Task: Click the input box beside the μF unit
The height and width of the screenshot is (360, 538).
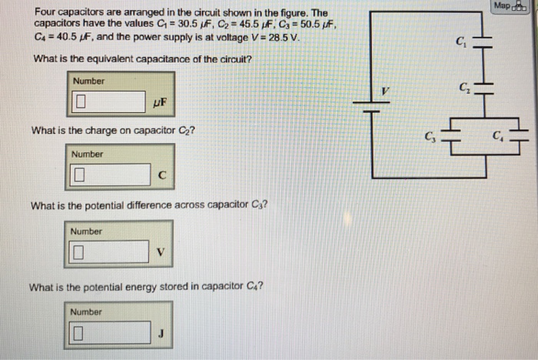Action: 108,102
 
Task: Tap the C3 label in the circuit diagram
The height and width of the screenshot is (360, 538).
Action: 430,138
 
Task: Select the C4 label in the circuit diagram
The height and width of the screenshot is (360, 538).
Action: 498,137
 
